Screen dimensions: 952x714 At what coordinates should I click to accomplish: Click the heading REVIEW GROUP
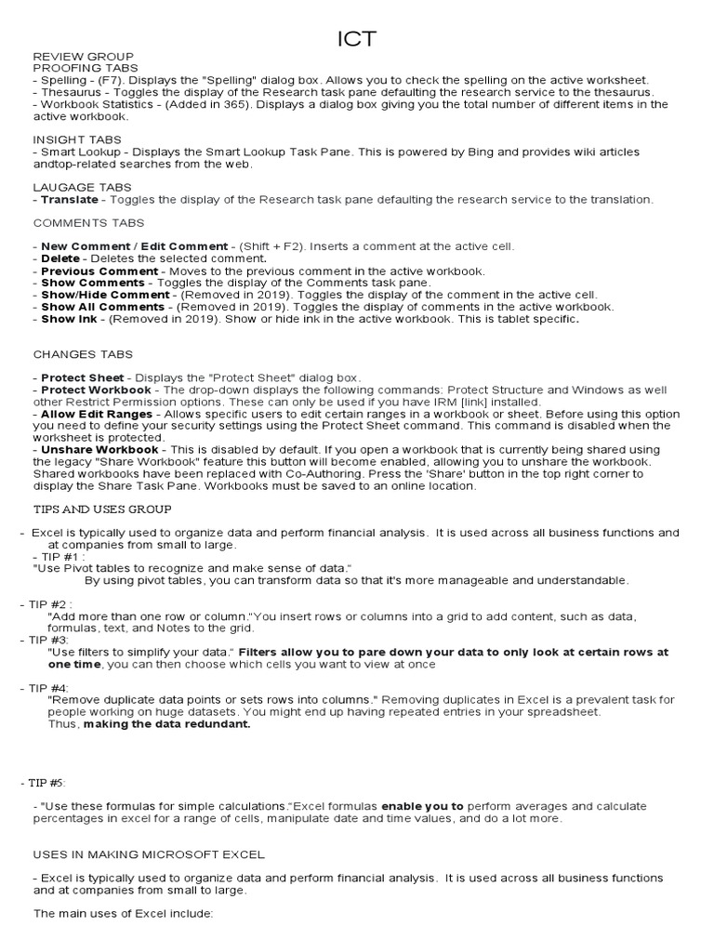84,57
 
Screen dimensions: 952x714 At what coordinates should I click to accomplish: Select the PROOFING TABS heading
86,69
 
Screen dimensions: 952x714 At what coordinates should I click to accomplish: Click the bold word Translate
70,199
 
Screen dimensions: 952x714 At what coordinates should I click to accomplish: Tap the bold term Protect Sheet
83,377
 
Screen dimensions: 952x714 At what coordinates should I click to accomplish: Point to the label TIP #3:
49,641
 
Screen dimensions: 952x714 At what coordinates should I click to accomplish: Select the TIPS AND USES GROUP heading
102,509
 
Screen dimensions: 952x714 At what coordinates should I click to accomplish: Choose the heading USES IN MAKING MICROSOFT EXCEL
149,853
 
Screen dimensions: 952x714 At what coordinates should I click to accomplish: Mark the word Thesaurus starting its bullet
73,92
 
